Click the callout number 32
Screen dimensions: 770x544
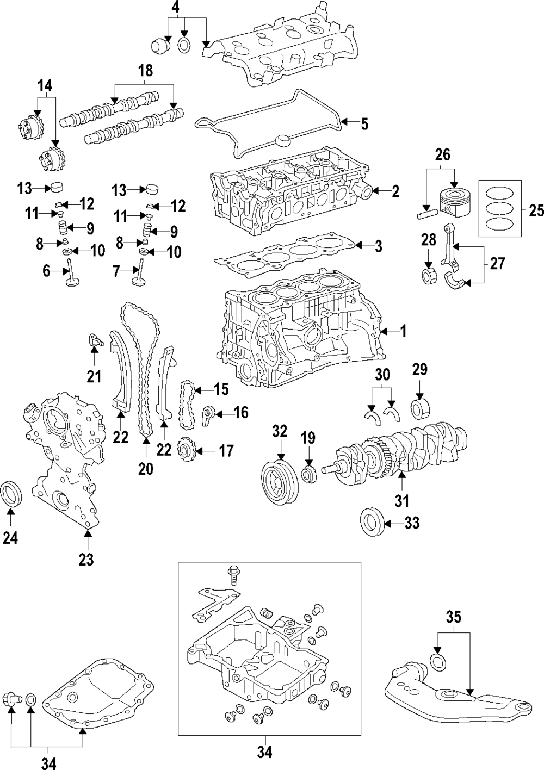[x=280, y=432]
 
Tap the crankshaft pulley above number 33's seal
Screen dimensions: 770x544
[x=280, y=479]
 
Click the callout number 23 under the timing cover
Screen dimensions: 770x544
[x=86, y=559]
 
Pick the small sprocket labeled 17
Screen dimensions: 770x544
[x=187, y=451]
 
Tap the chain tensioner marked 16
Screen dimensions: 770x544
[x=209, y=416]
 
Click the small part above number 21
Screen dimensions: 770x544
[x=95, y=341]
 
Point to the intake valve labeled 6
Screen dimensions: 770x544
[x=71, y=272]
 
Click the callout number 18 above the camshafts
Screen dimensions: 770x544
[x=145, y=71]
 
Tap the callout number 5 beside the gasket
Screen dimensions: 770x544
[x=364, y=124]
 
